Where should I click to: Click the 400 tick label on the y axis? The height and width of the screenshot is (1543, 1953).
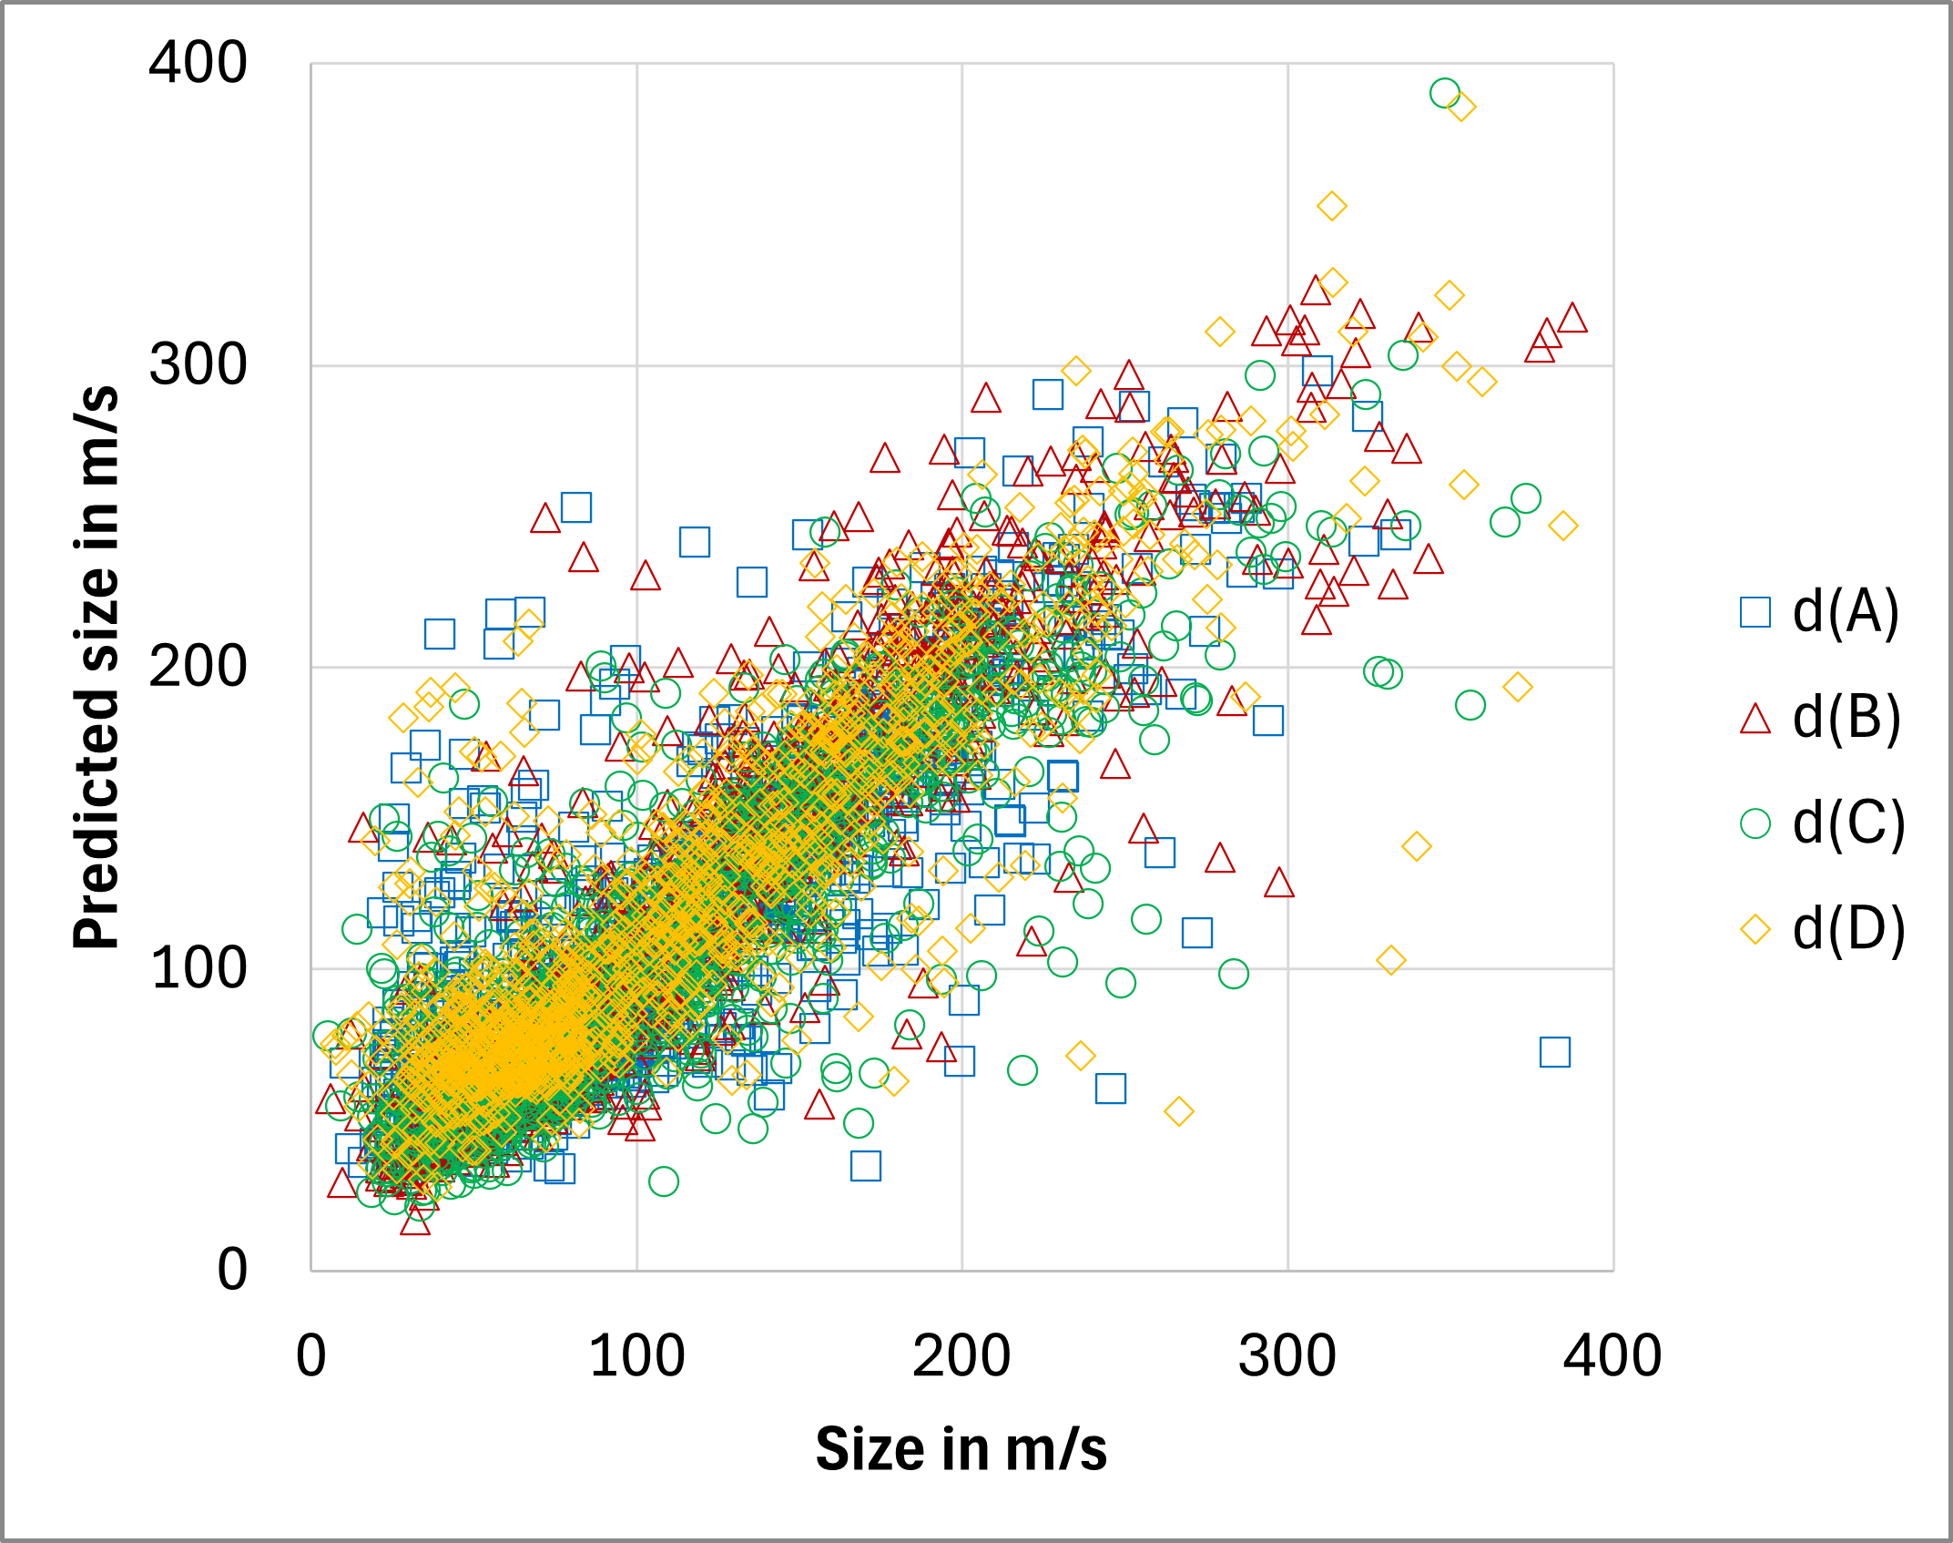[198, 64]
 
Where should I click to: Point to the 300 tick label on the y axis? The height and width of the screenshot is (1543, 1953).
[198, 365]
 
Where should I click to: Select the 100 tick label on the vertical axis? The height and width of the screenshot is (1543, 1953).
[198, 968]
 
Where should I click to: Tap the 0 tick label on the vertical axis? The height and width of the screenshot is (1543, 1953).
[232, 1270]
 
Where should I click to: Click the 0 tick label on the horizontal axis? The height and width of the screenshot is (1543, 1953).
[311, 1356]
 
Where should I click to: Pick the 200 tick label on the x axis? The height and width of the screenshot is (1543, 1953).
[961, 1356]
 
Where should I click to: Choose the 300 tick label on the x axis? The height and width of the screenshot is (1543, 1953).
[1287, 1356]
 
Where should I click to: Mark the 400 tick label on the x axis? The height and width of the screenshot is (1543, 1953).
[1612, 1356]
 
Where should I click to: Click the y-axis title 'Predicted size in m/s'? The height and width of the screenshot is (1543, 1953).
[96, 667]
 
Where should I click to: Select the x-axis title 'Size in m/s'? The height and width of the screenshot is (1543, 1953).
[961, 1449]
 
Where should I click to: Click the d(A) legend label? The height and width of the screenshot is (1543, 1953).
[1846, 612]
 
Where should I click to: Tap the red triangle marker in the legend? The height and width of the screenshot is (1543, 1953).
[1755, 719]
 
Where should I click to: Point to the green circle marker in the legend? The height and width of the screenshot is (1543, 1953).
[1755, 824]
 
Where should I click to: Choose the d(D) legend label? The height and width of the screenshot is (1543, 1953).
[1848, 930]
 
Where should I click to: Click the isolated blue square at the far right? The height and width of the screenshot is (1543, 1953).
[1554, 1052]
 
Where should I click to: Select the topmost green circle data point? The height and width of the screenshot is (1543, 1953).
[1444, 93]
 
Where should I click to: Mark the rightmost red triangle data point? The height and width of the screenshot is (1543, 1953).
[1572, 319]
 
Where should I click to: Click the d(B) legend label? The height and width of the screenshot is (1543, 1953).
[1846, 719]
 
